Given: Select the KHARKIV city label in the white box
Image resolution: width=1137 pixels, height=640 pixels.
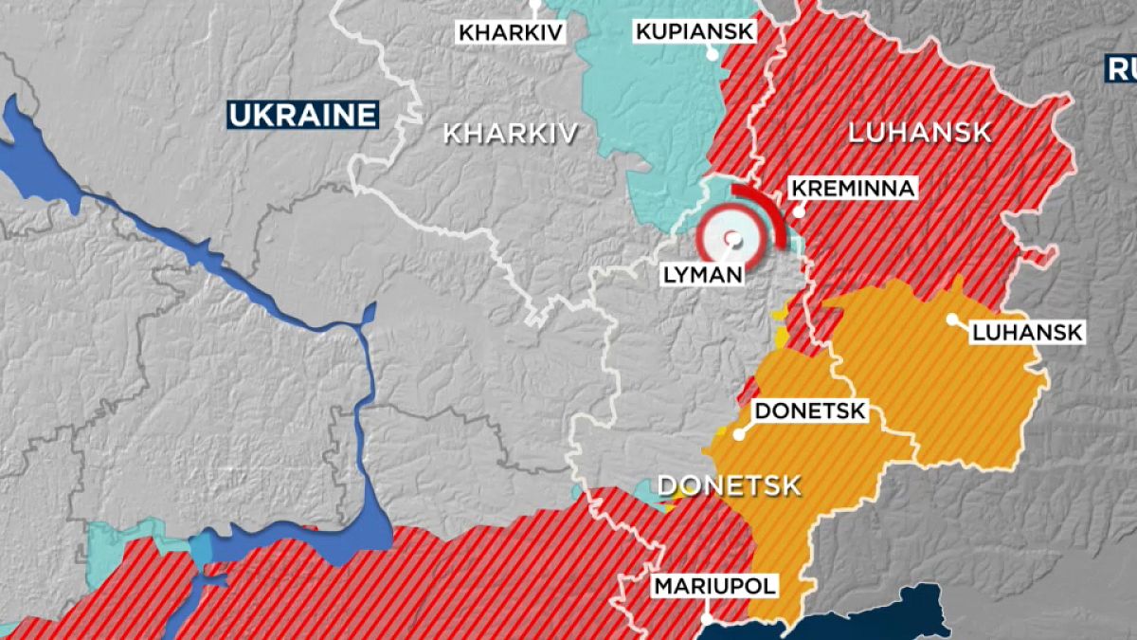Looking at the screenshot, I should (511, 33).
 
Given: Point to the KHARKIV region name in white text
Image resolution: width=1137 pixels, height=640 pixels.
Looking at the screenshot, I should (510, 134).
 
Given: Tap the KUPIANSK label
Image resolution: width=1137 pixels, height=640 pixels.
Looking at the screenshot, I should (695, 32).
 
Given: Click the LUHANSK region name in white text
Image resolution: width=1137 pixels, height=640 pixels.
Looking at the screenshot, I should (919, 133).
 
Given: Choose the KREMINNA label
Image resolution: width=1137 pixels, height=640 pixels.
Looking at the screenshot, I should (853, 189).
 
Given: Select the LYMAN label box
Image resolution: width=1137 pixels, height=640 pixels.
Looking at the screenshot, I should (702, 275).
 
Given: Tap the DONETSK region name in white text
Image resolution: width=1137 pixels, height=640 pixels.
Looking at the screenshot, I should (729, 486).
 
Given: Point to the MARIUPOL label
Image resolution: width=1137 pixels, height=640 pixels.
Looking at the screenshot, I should (715, 586).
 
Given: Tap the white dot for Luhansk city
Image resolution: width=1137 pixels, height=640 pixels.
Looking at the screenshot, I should (951, 319).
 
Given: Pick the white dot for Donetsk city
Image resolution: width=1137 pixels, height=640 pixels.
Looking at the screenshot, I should (739, 434).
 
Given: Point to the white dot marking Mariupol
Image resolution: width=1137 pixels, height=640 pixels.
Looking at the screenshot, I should (708, 618).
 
